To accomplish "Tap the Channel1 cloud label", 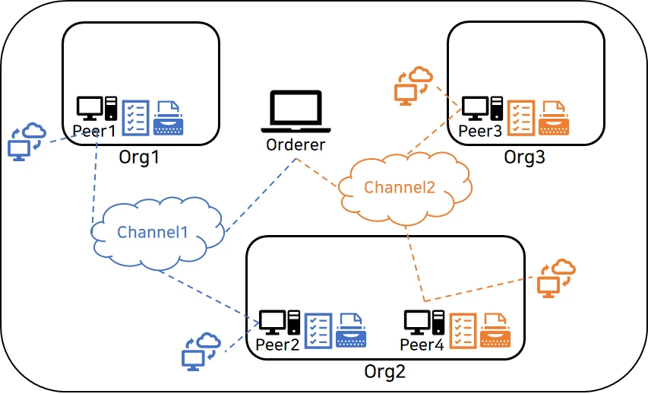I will [x=152, y=232].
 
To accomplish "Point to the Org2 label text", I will [x=384, y=372].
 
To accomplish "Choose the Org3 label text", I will [x=525, y=157].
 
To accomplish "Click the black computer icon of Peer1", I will [x=96, y=109].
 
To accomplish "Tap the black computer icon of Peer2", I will [x=279, y=323].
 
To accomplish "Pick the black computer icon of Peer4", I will [x=423, y=323].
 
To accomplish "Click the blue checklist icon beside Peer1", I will [x=136, y=117].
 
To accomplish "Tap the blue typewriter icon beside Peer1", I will [x=168, y=118].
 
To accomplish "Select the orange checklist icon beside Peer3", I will [x=521, y=117].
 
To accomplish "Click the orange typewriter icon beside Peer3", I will [x=555, y=117].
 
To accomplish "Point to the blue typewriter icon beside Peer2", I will [x=352, y=330].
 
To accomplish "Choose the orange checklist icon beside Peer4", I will [x=463, y=330].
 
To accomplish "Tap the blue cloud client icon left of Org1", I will [x=25, y=140].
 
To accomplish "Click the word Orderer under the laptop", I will [x=296, y=145].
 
